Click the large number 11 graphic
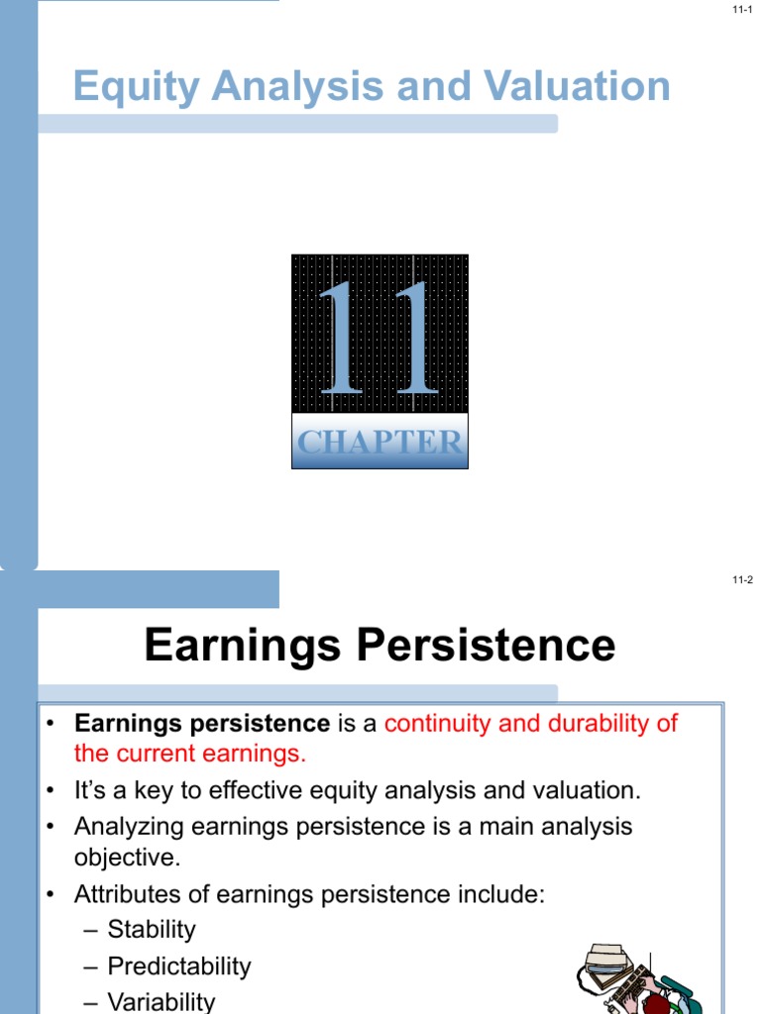pos(380,340)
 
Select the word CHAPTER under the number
pos(380,443)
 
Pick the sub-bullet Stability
pos(152,930)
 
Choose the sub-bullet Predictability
pos(179,965)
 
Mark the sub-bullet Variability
pos(162,1001)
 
